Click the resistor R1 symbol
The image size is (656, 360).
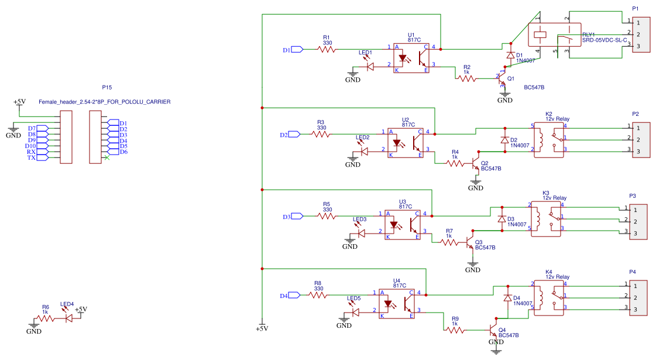click(327, 49)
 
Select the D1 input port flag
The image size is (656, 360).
click(297, 49)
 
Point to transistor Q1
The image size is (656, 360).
click(503, 78)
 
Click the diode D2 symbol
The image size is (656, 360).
click(505, 140)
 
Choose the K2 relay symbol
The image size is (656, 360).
click(549, 140)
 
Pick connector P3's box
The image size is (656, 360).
click(638, 222)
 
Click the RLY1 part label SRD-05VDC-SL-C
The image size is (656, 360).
click(605, 40)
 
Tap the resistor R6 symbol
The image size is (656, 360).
click(46, 318)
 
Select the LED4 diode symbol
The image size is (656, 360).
click(68, 318)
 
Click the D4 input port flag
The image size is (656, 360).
click(294, 296)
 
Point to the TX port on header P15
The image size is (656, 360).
click(42, 158)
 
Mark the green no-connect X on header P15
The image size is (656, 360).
click(107, 158)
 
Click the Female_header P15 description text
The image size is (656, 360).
click(105, 102)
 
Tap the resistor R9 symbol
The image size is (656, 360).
click(455, 330)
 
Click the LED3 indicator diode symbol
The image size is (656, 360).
click(360, 233)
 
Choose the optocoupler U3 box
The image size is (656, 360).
click(403, 225)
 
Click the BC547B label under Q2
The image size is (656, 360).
click(491, 169)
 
